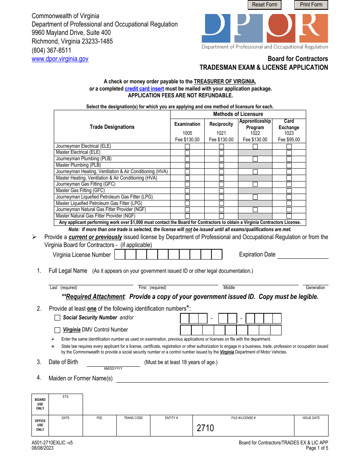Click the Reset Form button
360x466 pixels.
(x=265, y=5)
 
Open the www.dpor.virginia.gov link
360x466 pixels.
(x=60, y=59)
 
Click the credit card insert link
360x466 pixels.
(x=144, y=89)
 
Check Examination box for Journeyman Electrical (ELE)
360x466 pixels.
(x=187, y=146)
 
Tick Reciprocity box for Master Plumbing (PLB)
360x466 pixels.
(x=221, y=166)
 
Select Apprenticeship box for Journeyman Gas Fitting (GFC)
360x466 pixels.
(x=255, y=185)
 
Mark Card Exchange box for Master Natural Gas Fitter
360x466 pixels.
(x=289, y=216)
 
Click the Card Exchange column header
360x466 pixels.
(x=289, y=124)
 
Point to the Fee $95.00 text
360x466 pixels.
(x=289, y=139)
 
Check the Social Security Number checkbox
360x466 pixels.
(x=58, y=318)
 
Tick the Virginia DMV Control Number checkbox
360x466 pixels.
(x=58, y=330)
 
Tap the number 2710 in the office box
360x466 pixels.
(x=205, y=428)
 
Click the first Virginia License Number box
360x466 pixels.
(x=120, y=255)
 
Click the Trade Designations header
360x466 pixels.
(x=112, y=127)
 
